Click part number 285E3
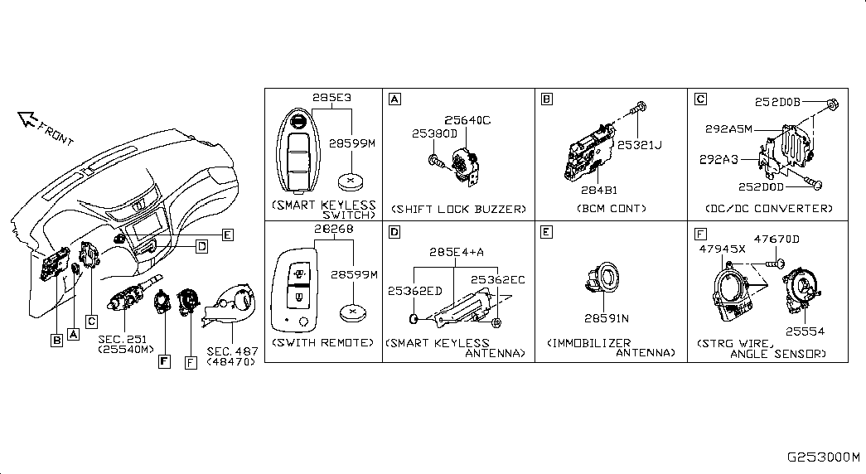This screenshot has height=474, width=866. (331, 98)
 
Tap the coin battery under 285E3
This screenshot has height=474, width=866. (351, 181)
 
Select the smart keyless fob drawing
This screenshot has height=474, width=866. (298, 150)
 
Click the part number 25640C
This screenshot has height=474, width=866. (467, 120)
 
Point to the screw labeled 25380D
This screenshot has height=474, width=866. (436, 162)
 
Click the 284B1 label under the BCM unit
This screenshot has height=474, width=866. (599, 190)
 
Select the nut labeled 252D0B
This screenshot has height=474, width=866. (834, 104)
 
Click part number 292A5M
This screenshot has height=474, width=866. (728, 128)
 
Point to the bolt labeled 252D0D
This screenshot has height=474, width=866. (814, 183)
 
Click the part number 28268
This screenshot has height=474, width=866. (334, 229)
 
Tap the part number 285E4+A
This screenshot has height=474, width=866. (456, 252)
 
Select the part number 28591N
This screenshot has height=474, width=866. (607, 318)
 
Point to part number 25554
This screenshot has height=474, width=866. (805, 331)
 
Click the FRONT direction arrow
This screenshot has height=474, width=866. (27, 118)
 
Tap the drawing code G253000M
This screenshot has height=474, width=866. (824, 457)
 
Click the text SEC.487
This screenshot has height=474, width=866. (233, 351)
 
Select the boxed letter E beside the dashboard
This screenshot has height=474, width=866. (228, 235)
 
